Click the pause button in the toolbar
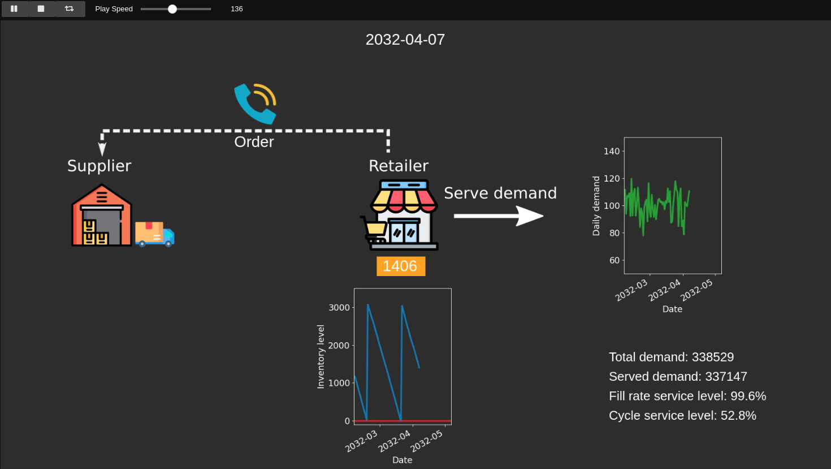(14, 9)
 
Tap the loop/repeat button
(70, 9)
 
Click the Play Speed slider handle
(172, 9)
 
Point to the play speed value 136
(237, 9)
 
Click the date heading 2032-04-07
(405, 40)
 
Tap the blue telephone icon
(255, 104)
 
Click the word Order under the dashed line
(254, 142)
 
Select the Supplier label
(99, 166)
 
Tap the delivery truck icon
(154, 234)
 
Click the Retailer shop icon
(401, 215)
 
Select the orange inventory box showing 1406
(400, 266)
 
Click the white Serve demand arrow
(497, 216)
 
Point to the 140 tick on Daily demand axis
(611, 151)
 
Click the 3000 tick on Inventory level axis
(339, 308)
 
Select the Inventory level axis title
(321, 356)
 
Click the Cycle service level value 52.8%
(738, 415)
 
